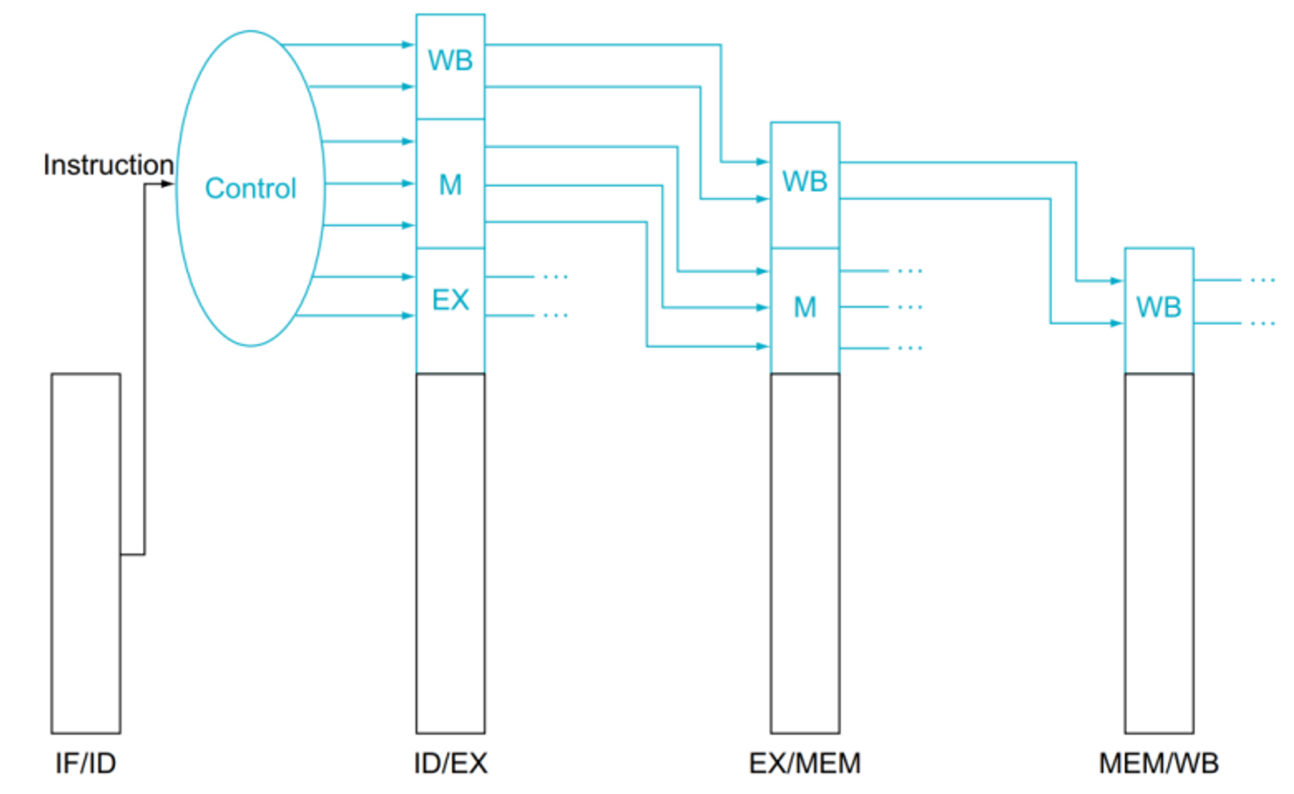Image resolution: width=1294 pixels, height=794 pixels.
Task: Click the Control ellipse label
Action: (250, 188)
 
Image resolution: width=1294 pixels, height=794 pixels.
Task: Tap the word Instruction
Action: (108, 164)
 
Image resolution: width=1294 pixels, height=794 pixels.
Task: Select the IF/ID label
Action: (85, 764)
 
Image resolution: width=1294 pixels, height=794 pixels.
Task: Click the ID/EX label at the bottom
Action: (450, 764)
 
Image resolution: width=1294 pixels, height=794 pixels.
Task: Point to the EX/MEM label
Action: (805, 764)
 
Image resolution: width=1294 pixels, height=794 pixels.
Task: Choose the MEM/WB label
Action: (1159, 764)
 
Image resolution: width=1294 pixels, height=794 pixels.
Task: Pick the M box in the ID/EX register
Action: (450, 184)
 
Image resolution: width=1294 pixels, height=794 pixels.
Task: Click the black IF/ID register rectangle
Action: (85, 553)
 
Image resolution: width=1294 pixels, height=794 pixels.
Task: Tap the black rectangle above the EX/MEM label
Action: (805, 553)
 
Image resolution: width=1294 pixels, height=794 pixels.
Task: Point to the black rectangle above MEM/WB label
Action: (1159, 553)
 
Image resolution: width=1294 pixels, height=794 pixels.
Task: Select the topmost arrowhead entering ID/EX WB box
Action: (408, 45)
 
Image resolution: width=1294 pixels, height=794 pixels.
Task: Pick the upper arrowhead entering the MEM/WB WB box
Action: (1117, 281)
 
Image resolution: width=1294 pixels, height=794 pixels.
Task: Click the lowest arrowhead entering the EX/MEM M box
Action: (763, 346)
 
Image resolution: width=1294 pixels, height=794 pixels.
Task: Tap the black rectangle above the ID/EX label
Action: (450, 553)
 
